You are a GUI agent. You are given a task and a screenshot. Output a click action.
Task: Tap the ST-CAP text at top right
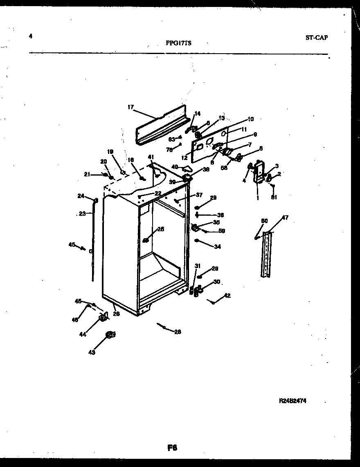click(316, 38)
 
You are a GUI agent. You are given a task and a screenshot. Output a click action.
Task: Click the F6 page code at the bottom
click(172, 447)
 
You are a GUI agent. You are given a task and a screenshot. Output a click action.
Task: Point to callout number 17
click(130, 107)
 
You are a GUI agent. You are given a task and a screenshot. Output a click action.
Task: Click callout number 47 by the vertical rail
click(285, 218)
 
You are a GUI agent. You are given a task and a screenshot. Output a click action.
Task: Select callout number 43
click(92, 352)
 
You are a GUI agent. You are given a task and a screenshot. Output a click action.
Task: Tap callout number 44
click(83, 334)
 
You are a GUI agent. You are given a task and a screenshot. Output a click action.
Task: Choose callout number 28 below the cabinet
click(177, 332)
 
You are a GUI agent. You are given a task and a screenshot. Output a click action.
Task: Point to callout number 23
click(82, 213)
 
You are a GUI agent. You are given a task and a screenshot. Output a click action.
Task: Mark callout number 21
click(87, 175)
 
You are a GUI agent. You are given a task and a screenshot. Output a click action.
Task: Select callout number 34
click(217, 247)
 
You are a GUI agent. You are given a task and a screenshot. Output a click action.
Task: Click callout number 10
click(250, 119)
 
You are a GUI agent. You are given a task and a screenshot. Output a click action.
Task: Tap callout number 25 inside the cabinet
click(160, 229)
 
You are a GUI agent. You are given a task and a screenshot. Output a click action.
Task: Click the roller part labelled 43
click(110, 335)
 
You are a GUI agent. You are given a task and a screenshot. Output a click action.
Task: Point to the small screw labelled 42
click(212, 302)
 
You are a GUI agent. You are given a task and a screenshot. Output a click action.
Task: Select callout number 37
click(199, 194)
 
